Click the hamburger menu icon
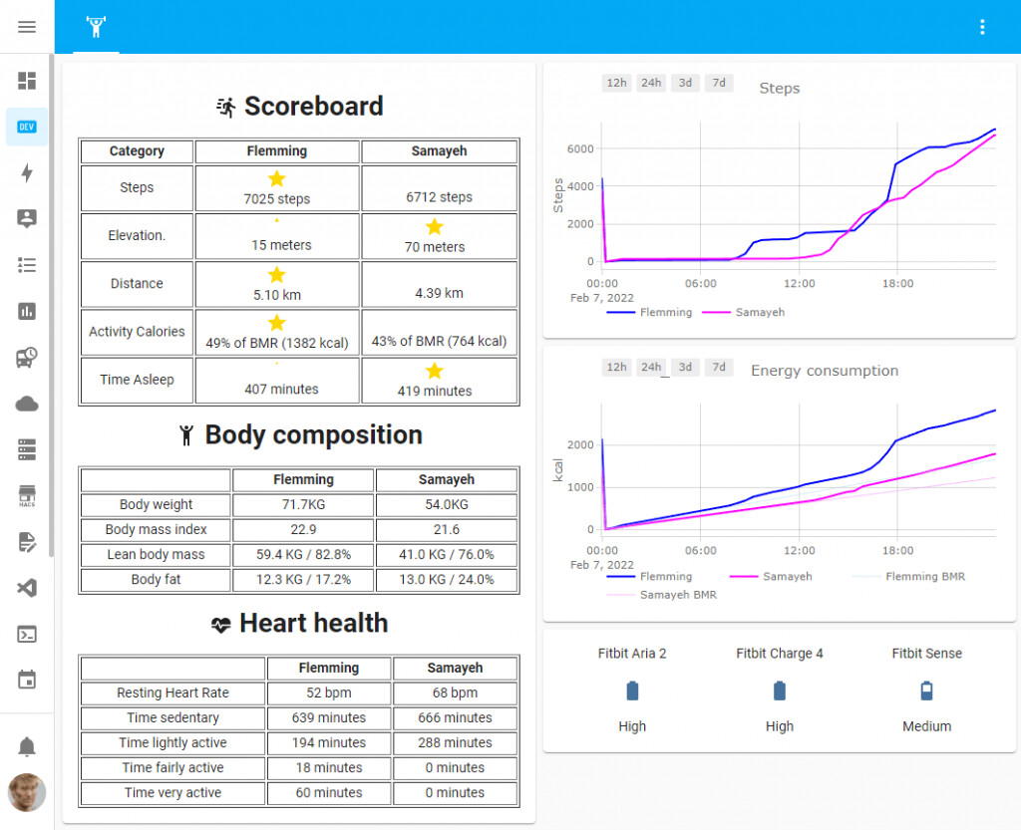(27, 27)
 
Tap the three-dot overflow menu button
(983, 27)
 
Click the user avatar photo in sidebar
(27, 792)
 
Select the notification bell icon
(27, 746)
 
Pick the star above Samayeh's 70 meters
(435, 227)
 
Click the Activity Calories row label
(137, 332)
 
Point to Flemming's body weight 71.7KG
(303, 505)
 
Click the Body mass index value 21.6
(447, 530)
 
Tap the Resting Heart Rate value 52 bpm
(329, 692)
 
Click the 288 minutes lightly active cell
(455, 742)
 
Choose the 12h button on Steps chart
(617, 83)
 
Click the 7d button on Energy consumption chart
(718, 367)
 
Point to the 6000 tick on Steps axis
(580, 148)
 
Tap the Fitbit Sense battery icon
(927, 691)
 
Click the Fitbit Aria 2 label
(632, 654)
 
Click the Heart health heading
(313, 624)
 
